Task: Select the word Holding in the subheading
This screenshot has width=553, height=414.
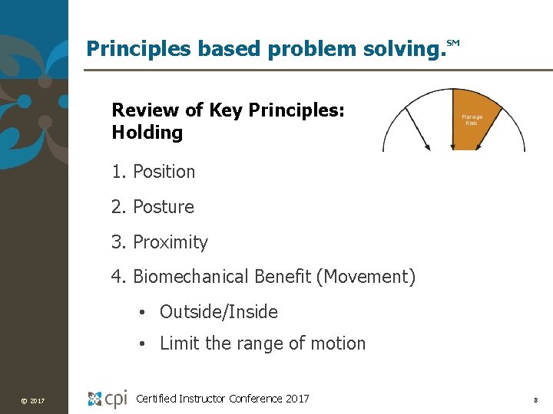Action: (147, 133)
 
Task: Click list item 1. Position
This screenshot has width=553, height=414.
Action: (153, 172)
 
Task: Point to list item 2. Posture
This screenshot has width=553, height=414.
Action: (152, 207)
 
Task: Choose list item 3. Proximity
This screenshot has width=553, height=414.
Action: (159, 242)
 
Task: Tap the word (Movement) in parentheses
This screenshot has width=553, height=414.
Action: (366, 277)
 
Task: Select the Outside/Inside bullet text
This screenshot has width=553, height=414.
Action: (218, 312)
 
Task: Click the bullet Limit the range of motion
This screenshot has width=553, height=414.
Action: (262, 343)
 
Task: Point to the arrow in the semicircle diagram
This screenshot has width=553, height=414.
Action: (416, 127)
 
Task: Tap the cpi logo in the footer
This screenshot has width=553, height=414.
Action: (107, 399)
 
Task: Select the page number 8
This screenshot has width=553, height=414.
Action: (535, 400)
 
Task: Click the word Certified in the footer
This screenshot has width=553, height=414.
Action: (155, 398)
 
